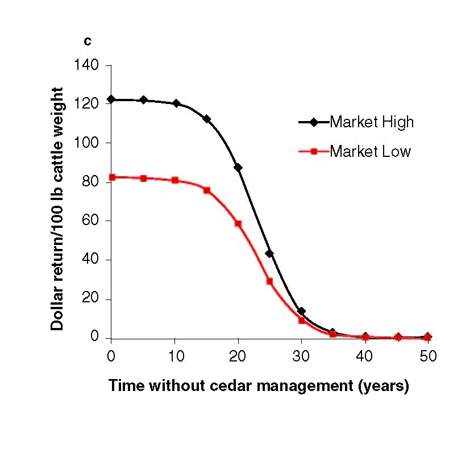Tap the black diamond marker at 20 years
pos(238,168)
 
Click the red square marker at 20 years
pos(238,223)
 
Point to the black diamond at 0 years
pos(111,99)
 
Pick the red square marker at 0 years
pos(111,177)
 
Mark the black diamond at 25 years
pos(269,253)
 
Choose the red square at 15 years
pos(207,190)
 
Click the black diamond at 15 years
pos(207,119)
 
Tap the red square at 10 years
pos(175,180)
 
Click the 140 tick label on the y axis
pos(86,65)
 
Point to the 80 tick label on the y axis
pos(90,182)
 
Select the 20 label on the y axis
pos(90,299)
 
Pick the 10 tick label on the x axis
pos(175,356)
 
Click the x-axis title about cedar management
pos(259,386)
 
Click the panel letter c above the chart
pos(88,41)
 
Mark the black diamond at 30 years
pos(301,311)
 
